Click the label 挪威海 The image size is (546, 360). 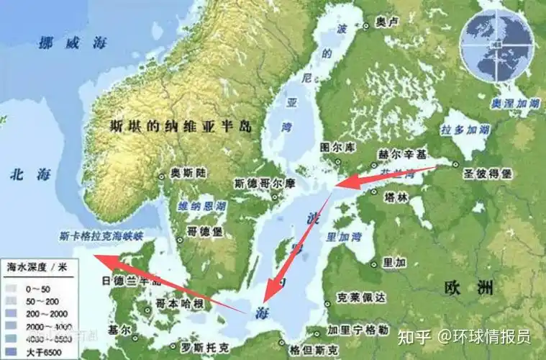(x=73, y=42)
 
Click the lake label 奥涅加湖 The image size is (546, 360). (x=515, y=104)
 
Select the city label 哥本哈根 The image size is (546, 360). (x=181, y=303)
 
